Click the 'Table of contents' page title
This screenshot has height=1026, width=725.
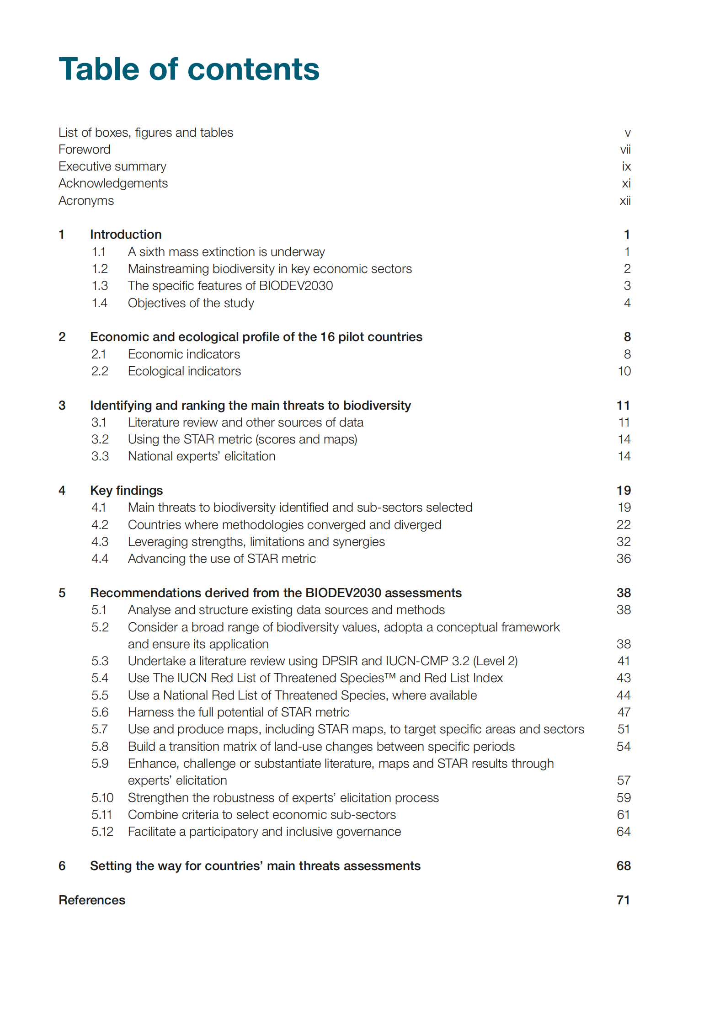pos(189,69)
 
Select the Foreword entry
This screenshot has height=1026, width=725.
pos(85,150)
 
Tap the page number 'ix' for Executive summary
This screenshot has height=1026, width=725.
pos(626,166)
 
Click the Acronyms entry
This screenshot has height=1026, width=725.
pos(86,201)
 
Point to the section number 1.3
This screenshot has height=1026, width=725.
pos(100,286)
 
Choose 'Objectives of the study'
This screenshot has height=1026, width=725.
pos(191,303)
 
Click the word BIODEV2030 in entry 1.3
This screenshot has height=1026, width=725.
pos(296,286)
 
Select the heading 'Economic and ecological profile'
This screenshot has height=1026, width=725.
pos(256,337)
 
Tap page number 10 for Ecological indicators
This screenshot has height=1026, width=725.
pos(624,371)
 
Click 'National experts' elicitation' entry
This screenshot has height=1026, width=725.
pos(202,456)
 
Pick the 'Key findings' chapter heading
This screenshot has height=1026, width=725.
pos(126,491)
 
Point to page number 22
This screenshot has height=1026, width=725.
pos(624,525)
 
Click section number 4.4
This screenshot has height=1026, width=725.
pos(100,559)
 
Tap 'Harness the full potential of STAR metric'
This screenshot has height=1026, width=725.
pos(238,712)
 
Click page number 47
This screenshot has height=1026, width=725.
pos(624,712)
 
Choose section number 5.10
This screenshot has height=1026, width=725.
pos(102,798)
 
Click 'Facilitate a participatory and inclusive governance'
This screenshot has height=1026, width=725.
pos(264,832)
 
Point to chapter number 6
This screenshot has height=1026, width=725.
pos(62,866)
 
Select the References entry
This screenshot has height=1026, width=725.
pos(92,900)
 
